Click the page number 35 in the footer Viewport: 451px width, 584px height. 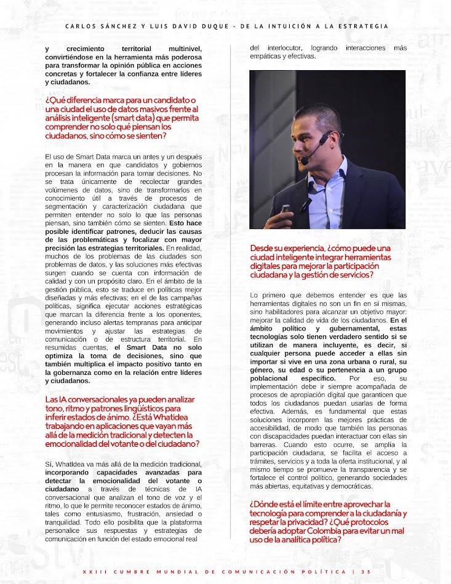click(x=366, y=572)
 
